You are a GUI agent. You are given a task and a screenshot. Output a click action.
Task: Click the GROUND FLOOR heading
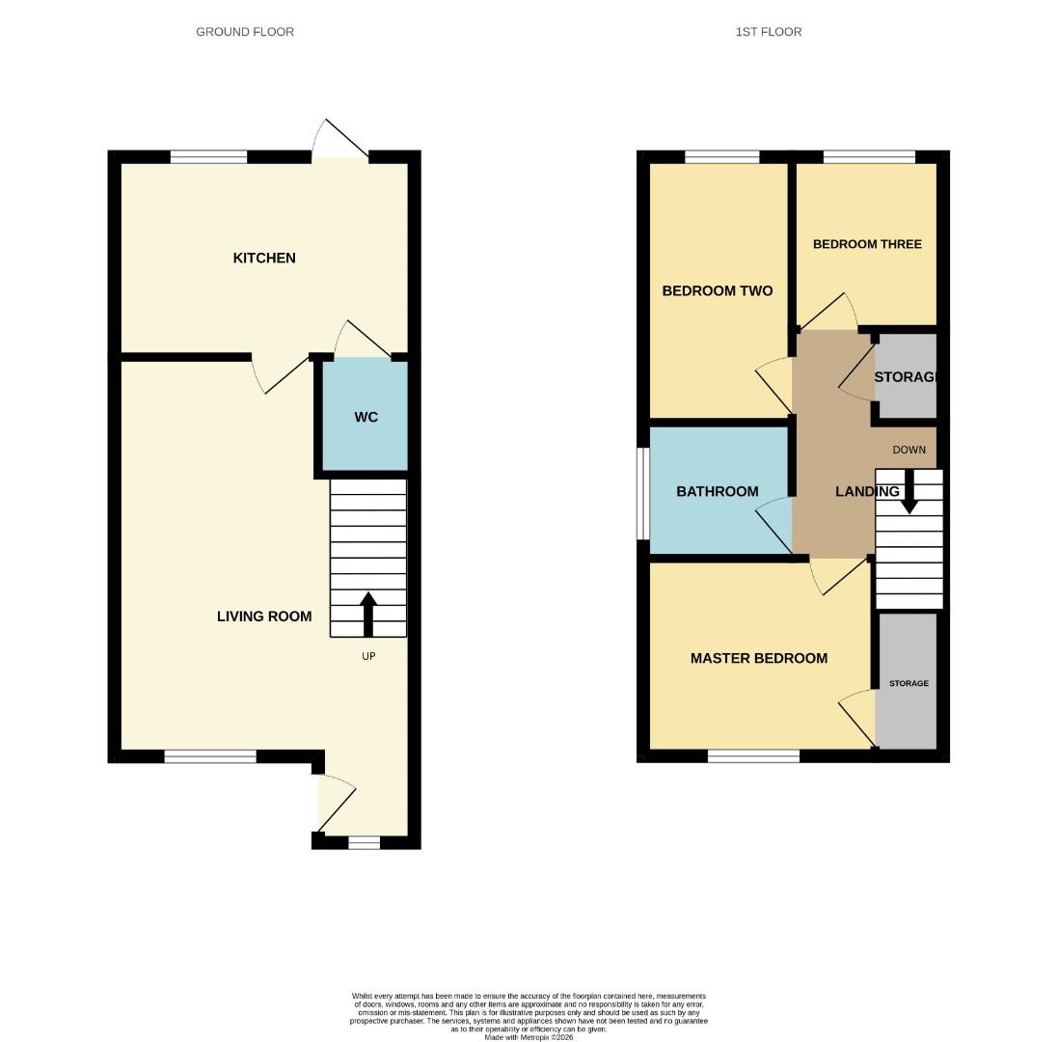(x=245, y=32)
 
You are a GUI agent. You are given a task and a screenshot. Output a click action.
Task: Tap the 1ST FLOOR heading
(x=768, y=32)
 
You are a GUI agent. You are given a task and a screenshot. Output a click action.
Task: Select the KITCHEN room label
(x=264, y=258)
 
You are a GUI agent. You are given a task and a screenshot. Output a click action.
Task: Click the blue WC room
(x=366, y=417)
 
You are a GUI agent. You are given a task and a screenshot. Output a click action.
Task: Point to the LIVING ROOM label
(x=264, y=616)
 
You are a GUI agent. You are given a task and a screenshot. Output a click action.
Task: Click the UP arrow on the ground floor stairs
(x=367, y=615)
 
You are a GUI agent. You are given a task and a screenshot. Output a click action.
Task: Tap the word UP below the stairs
(x=367, y=656)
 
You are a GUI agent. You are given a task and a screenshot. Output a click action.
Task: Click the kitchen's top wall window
(x=208, y=156)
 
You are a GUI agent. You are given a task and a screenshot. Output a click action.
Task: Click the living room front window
(x=210, y=756)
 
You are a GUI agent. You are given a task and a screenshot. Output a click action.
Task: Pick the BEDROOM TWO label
(x=718, y=290)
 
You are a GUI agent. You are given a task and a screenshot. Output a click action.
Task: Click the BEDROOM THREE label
(x=867, y=244)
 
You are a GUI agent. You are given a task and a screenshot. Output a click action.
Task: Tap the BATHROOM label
(x=718, y=491)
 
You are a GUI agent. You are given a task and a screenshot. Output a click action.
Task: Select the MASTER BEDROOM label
(x=759, y=658)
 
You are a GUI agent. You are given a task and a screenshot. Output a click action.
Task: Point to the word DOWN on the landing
(x=909, y=450)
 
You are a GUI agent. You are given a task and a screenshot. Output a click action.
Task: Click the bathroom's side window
(x=641, y=493)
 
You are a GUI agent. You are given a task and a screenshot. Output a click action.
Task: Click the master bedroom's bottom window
(x=753, y=756)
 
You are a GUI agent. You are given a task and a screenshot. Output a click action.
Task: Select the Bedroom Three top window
(x=869, y=156)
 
